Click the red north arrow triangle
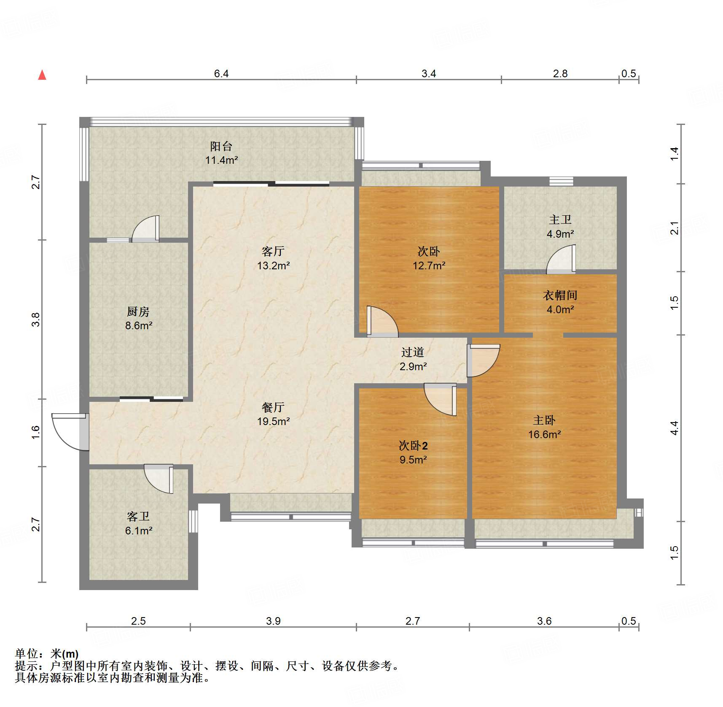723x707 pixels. tap(42, 75)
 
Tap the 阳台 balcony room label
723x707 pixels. tap(221, 146)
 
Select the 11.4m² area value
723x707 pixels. tap(222, 160)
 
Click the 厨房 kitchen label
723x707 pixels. tap(138, 312)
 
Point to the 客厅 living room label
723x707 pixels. tap(273, 252)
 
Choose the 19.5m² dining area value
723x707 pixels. tap(274, 421)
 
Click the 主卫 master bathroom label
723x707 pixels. tap(560, 219)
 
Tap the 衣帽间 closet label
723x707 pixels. tap(560, 295)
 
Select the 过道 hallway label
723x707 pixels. tap(413, 352)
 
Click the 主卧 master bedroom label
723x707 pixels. tap(544, 420)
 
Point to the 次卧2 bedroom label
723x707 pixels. tap(413, 446)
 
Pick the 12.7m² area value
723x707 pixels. tap(429, 265)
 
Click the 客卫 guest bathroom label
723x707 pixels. tap(138, 517)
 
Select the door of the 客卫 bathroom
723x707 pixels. tap(159, 479)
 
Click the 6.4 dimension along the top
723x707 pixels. tap(221, 74)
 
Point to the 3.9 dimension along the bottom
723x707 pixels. tap(273, 621)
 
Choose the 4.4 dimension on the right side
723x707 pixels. tap(674, 428)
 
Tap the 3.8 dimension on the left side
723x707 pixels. tap(35, 320)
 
